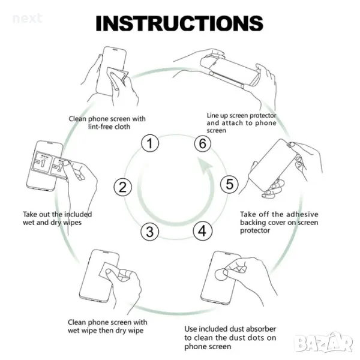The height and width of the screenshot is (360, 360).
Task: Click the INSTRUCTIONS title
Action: pos(179,23)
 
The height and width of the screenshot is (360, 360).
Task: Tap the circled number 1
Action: pos(150,143)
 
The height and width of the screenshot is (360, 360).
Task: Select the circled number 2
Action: pos(123,187)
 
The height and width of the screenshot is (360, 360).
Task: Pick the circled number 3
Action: pos(149,232)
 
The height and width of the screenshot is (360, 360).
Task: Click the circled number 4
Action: pos(202,231)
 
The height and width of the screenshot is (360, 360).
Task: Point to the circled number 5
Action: pos(229,184)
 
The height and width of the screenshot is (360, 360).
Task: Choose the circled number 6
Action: pos(203,143)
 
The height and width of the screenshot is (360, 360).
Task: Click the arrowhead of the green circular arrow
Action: pos(205,166)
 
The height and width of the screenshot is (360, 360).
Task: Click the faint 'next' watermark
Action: pos(28,19)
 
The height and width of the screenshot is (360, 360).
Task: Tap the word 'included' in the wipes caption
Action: pos(78,214)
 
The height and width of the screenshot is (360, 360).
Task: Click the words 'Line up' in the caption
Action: pos(218,115)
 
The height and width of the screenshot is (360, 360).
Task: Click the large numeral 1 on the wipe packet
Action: pos(43,163)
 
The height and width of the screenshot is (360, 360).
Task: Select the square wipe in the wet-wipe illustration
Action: pos(109,271)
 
